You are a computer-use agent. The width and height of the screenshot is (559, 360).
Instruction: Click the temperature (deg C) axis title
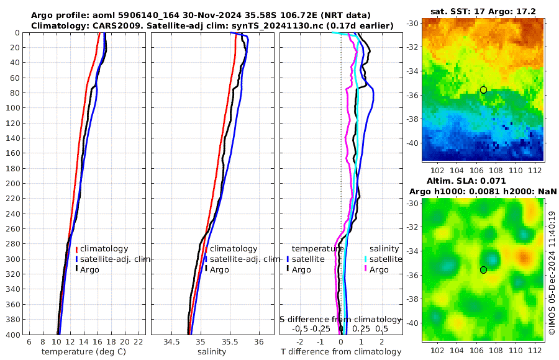point(84,352)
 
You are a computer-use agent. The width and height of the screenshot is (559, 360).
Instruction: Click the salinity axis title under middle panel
point(212,352)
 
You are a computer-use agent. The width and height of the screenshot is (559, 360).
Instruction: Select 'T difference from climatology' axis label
point(342,352)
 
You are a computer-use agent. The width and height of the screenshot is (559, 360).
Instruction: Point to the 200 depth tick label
point(12,184)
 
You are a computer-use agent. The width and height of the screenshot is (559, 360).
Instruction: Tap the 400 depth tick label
point(12,335)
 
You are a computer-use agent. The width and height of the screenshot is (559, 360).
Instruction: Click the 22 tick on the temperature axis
point(139,341)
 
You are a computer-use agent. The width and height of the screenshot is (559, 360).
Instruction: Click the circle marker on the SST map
point(483,90)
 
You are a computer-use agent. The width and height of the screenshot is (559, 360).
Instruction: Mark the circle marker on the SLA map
point(483,270)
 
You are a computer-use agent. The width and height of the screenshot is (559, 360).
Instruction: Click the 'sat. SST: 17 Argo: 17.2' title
point(483,11)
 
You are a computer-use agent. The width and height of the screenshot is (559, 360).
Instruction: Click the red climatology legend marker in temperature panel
point(76,249)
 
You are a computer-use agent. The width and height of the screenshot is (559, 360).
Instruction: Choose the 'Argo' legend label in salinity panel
point(219,269)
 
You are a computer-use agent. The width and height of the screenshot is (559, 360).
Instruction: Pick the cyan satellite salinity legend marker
point(366,259)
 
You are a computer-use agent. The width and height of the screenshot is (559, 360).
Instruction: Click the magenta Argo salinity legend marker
point(366,269)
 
